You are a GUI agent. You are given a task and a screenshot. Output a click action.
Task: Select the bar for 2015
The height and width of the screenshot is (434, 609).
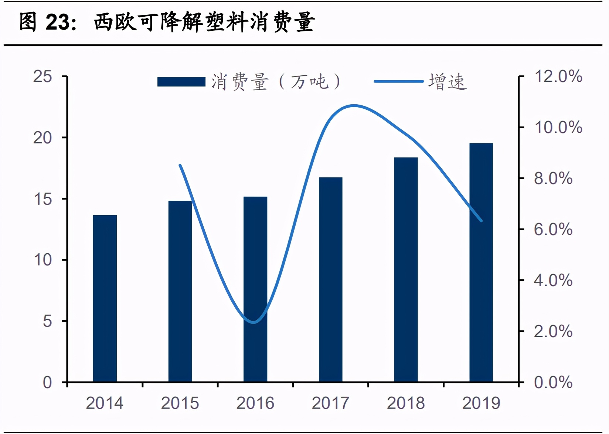pyautogui.click(x=180, y=291)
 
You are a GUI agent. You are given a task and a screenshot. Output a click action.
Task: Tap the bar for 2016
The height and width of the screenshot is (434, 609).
pyautogui.click(x=255, y=289)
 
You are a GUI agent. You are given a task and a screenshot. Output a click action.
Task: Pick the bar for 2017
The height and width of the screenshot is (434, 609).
pyautogui.click(x=330, y=279)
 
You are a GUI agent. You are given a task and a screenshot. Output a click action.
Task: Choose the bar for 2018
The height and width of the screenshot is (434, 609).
pyautogui.click(x=406, y=269)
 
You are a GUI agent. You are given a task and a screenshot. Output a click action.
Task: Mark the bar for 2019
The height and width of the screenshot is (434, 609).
pyautogui.click(x=481, y=262)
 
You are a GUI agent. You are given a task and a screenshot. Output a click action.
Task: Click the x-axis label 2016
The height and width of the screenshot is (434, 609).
pyautogui.click(x=255, y=403)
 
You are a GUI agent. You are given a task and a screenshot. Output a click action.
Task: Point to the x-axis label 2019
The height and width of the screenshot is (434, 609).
pyautogui.click(x=481, y=403)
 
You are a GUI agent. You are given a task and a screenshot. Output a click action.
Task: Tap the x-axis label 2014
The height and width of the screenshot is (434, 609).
pyautogui.click(x=105, y=403)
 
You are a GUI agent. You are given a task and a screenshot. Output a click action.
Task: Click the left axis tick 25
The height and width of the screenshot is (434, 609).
pyautogui.click(x=43, y=77)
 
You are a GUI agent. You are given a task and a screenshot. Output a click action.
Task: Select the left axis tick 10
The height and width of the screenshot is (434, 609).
pyautogui.click(x=43, y=260)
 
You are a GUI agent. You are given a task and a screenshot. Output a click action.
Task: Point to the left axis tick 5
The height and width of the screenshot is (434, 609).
pyautogui.click(x=47, y=321)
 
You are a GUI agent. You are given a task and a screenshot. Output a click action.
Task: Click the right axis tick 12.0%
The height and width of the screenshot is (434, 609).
pyautogui.click(x=558, y=77)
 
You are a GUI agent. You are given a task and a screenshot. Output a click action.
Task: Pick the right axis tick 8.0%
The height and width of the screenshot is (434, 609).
pyautogui.click(x=553, y=179)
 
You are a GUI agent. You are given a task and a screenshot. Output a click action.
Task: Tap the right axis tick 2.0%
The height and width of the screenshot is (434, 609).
pyautogui.click(x=553, y=331)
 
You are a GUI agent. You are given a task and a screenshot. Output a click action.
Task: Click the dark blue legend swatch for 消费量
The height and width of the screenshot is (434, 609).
pyautogui.click(x=181, y=82)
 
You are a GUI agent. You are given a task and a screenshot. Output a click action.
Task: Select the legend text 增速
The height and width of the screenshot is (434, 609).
pyautogui.click(x=448, y=82)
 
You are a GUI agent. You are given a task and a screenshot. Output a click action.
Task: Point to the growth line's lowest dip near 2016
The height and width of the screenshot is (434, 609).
pyautogui.click(x=254, y=322)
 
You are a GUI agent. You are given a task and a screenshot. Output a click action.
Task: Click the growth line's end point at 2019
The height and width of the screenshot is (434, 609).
pyautogui.click(x=481, y=221)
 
